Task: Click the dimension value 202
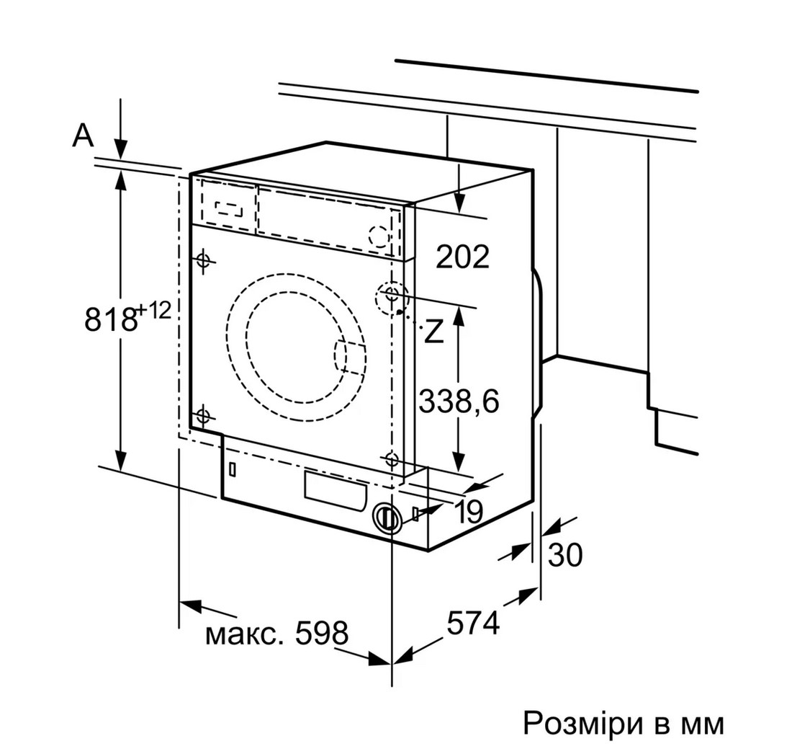click(463, 257)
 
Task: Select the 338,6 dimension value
click(459, 402)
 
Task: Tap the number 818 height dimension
click(111, 319)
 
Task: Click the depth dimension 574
click(473, 623)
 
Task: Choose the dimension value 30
click(565, 555)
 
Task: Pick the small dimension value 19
click(469, 511)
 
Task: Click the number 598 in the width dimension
click(322, 633)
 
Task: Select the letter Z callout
click(433, 332)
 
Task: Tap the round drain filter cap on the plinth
click(387, 518)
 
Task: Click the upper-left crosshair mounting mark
click(204, 261)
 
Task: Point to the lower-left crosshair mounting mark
click(203, 416)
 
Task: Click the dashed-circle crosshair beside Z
click(392, 298)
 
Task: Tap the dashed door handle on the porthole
click(349, 358)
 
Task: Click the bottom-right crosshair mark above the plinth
click(392, 460)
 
